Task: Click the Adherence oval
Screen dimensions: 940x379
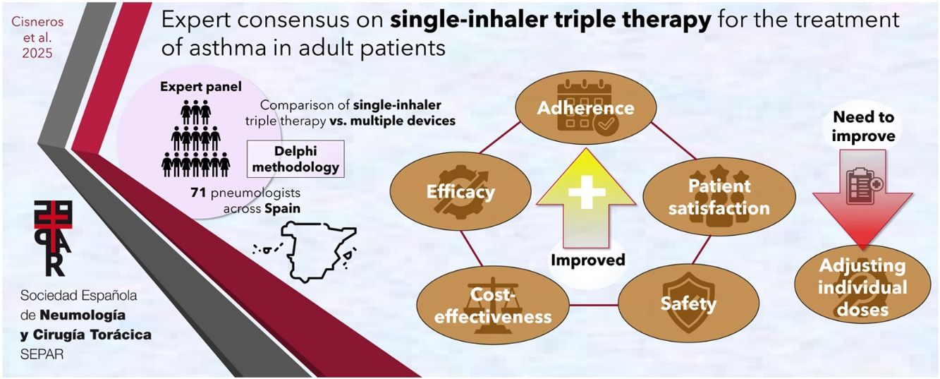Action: pos(586,107)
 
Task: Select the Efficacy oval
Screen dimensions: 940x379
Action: pos(460,191)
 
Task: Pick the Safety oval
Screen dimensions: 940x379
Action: pos(689,303)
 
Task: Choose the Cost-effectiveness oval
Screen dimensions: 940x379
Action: pos(493,306)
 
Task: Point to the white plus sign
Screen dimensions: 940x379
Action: pos(587,192)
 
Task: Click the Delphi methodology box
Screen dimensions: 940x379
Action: pos(295,159)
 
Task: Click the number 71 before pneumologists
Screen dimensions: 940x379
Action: pos(198,193)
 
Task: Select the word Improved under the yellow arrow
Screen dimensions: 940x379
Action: pos(587,260)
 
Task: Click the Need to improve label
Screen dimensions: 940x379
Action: pos(863,126)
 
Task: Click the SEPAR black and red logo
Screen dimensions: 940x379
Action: pos(54,239)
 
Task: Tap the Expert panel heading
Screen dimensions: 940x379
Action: pos(200,87)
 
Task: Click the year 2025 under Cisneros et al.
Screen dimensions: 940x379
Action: pos(37,53)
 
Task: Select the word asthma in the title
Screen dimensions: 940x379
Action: pos(228,48)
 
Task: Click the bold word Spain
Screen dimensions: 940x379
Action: pos(282,208)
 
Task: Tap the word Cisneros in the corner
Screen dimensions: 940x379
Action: pos(37,22)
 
